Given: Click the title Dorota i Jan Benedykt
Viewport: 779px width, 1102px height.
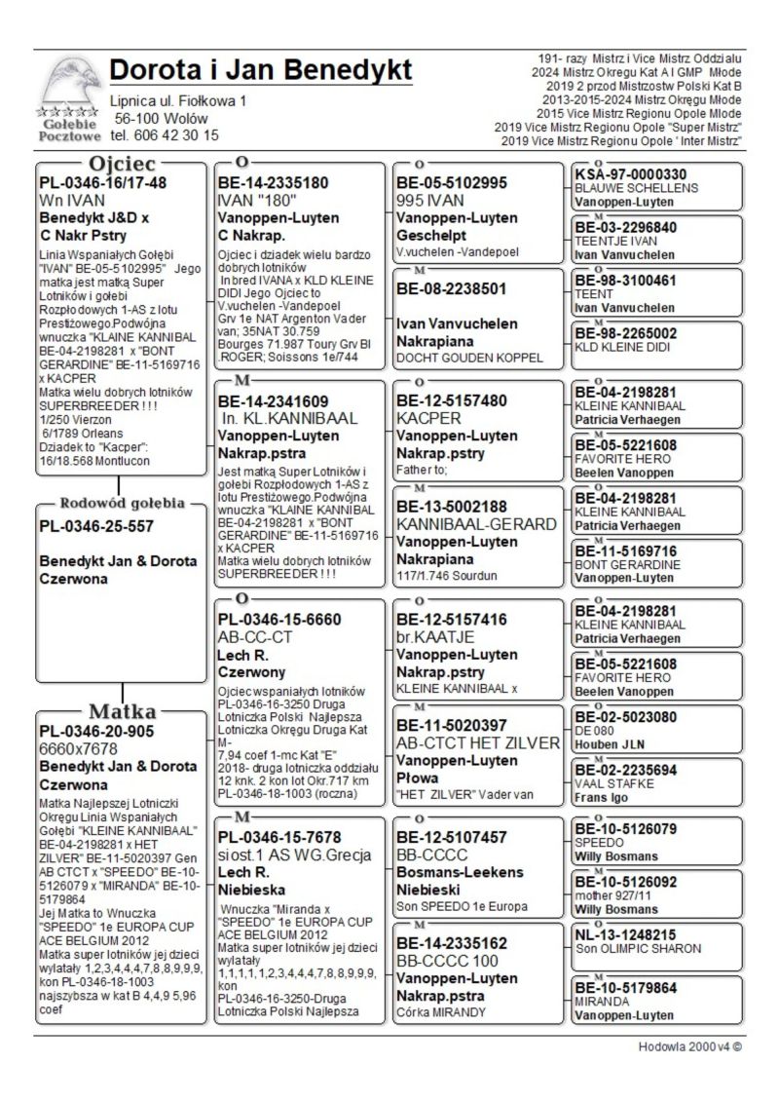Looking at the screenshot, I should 260,71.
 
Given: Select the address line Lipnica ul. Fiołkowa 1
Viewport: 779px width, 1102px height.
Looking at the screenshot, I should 178,101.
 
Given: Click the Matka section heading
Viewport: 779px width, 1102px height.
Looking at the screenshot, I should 123,710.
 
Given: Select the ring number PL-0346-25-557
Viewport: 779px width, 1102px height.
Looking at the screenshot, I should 98,526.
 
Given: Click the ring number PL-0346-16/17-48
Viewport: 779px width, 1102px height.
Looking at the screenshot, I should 102,182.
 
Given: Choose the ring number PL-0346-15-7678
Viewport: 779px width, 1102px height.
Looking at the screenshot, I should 279,837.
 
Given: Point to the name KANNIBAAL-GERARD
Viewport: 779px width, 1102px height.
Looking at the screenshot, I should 476,524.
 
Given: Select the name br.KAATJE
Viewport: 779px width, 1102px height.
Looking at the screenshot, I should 435,636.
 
